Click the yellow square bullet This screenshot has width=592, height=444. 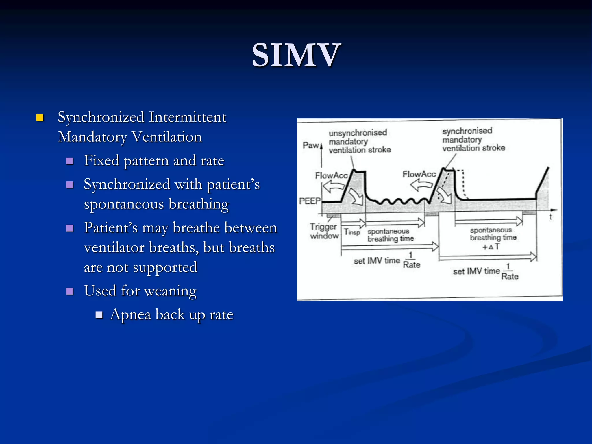click(40, 117)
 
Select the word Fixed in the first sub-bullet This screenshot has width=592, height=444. click(101, 160)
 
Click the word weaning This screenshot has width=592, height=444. click(170, 291)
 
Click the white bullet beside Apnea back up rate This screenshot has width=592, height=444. click(99, 315)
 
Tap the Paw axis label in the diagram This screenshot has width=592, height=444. click(311, 145)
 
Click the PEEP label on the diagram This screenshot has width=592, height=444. click(310, 201)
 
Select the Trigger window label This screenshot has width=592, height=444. click(324, 231)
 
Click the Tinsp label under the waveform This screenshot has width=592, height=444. click(352, 232)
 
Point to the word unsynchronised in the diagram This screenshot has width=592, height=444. click(358, 133)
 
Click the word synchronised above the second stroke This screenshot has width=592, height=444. click(467, 131)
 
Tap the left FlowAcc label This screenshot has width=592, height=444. click(331, 175)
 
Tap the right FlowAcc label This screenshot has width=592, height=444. click(419, 174)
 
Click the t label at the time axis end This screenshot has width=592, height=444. click(551, 217)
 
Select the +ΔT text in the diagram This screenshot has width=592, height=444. click(491, 247)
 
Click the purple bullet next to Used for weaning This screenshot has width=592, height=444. click(70, 291)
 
